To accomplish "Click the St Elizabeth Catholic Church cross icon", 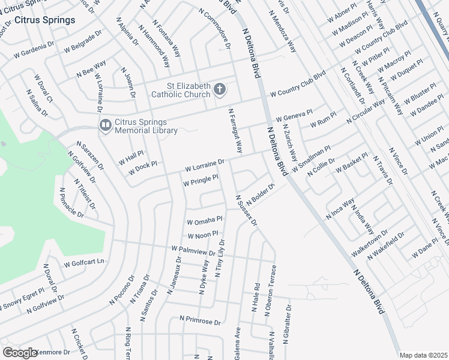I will coord(220,90).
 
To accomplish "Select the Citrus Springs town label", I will coord(45,20).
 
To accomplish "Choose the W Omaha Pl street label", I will coord(205,220).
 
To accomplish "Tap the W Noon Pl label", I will coord(202,235).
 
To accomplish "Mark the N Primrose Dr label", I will coord(200,321).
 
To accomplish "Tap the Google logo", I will coord(20,353).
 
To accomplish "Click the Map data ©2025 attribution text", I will coord(424,355).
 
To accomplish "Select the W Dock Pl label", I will coord(142,168).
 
